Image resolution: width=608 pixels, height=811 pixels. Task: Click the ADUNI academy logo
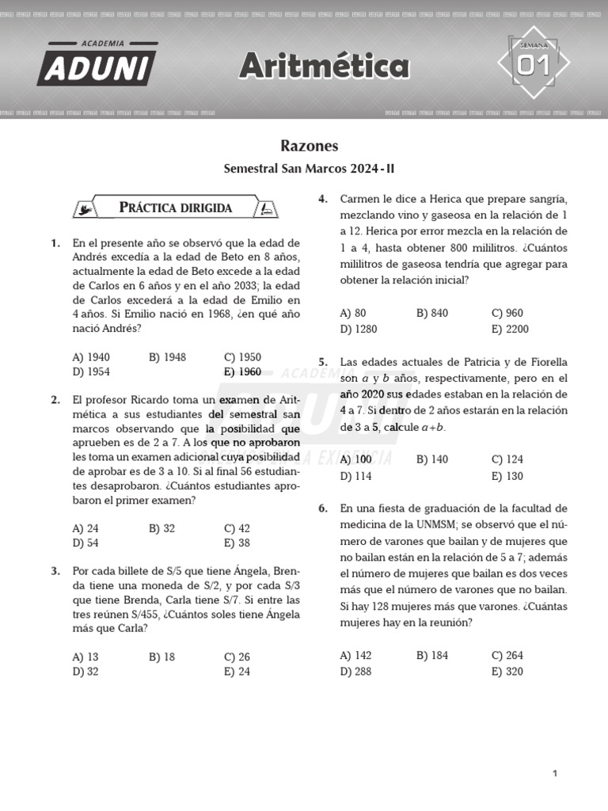click(97, 64)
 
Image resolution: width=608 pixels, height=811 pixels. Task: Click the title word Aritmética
click(324, 67)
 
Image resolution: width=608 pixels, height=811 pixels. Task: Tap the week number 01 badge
click(533, 67)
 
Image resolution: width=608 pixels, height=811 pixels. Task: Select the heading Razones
click(309, 146)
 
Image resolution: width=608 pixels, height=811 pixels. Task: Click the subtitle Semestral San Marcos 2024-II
click(309, 169)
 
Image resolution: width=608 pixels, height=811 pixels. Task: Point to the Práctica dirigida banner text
click(175, 208)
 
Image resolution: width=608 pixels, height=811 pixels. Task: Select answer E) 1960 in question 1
click(242, 372)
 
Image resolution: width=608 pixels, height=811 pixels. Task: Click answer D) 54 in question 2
click(85, 543)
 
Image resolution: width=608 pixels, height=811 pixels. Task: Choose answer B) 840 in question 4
click(432, 313)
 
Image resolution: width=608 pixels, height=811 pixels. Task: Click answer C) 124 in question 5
click(507, 459)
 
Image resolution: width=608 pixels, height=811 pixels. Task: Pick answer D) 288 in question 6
click(356, 672)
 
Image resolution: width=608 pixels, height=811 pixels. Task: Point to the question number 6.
click(323, 508)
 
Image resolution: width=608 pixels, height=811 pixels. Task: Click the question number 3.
click(55, 571)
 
